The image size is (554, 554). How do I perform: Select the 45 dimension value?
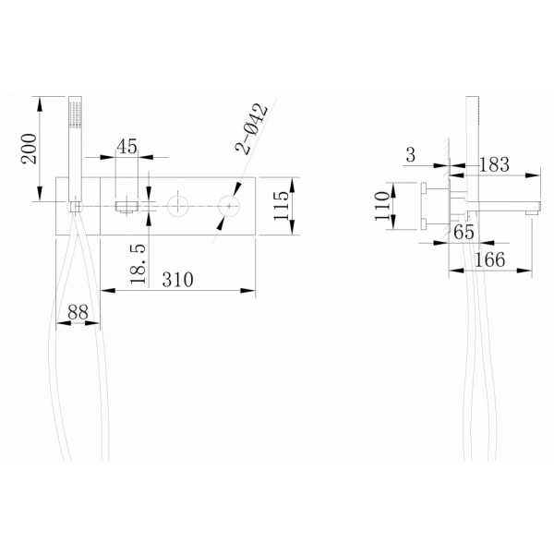click(127, 145)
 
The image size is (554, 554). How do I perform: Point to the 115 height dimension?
click(289, 200)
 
